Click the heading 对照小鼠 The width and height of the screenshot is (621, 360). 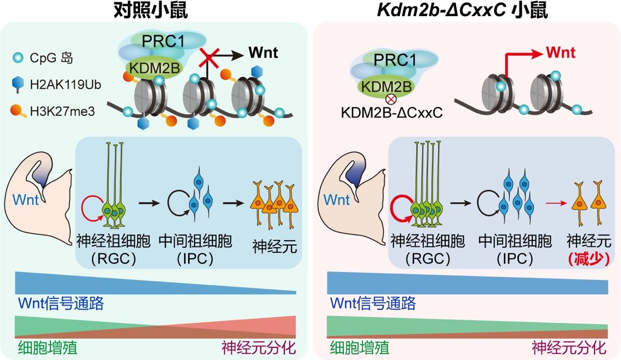pyautogui.click(x=150, y=10)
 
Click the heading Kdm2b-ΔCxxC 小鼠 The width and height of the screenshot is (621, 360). pyautogui.click(x=463, y=10)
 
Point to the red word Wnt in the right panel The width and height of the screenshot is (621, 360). pyautogui.click(x=561, y=52)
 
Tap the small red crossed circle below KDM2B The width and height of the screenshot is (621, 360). pyautogui.click(x=390, y=99)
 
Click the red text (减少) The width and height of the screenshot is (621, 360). pyautogui.click(x=588, y=258)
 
